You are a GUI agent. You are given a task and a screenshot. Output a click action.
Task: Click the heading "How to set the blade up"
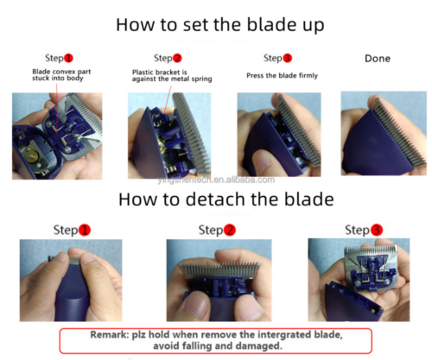click(220, 25)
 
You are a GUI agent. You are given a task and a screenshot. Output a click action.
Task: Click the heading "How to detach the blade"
click(226, 199)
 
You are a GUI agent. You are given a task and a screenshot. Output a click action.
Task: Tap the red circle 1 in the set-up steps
click(68, 58)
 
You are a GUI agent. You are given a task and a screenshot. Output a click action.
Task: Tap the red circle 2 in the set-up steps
click(177, 58)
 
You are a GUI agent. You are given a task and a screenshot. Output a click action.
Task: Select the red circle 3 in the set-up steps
click(287, 58)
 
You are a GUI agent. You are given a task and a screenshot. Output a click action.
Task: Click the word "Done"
click(378, 59)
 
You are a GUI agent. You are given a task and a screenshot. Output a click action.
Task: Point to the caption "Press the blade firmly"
click(282, 75)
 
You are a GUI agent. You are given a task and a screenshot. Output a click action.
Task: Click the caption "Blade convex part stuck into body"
click(61, 75)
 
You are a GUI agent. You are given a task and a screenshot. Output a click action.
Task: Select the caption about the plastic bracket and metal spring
click(172, 76)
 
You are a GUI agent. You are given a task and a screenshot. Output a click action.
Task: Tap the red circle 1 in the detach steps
click(85, 230)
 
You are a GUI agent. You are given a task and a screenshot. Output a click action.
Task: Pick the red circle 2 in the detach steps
click(230, 230)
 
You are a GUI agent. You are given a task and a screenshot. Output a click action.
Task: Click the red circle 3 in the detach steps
click(376, 230)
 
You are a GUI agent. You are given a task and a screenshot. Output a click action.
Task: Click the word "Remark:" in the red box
click(110, 335)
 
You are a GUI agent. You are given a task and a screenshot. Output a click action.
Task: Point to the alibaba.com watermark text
click(216, 180)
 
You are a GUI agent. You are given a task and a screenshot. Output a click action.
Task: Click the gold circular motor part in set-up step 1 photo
click(32, 156)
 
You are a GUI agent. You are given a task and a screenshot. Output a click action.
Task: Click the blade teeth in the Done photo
click(399, 132)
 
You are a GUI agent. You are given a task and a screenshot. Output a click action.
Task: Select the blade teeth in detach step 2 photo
click(219, 268)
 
